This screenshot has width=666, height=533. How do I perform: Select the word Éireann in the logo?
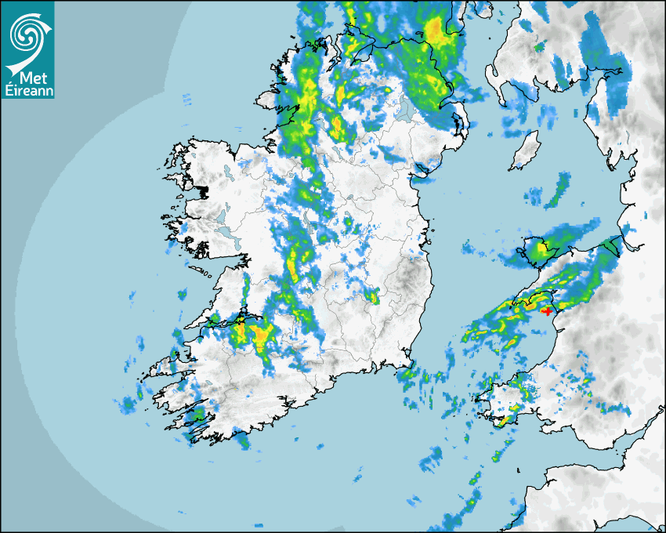[27, 91]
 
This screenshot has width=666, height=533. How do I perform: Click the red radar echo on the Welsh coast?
[547, 311]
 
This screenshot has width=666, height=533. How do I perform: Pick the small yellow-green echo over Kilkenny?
[373, 296]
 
